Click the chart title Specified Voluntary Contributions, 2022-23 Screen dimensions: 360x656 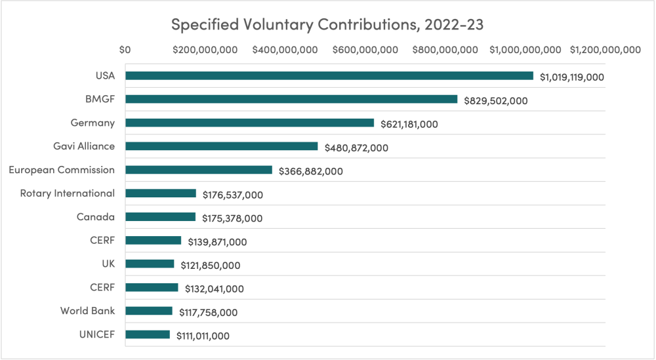[x=327, y=24]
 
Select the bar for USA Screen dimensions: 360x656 [x=329, y=76]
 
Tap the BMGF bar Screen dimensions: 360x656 [x=291, y=100]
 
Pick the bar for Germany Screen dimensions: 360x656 [x=249, y=123]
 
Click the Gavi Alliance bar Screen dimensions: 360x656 [x=221, y=147]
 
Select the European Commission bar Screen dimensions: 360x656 [x=198, y=170]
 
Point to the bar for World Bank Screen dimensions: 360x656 [x=148, y=311]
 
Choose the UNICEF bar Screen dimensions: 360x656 [x=147, y=334]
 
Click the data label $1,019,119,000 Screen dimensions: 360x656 [x=571, y=77]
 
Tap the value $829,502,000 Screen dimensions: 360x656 [x=495, y=101]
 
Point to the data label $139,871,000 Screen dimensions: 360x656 [x=217, y=242]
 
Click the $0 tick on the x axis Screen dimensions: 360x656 [x=125, y=50]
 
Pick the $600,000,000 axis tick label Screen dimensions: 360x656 [x=365, y=50]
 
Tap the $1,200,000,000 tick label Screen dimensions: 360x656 [x=605, y=50]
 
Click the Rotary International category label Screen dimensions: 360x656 [x=67, y=193]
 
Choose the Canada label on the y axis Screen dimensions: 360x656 [x=95, y=217]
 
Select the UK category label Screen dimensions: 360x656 [x=107, y=264]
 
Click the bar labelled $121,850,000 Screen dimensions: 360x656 [x=150, y=264]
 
